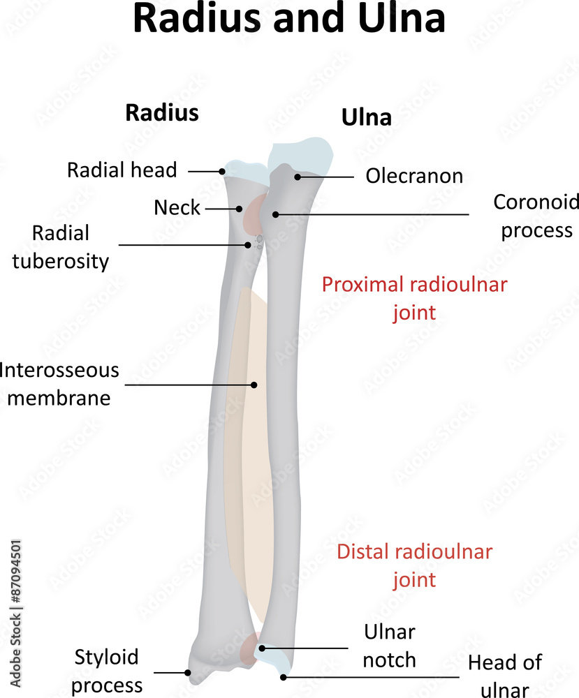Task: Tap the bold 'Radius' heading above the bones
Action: tap(161, 112)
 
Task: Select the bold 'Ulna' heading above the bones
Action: tap(366, 118)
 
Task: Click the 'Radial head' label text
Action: tap(122, 170)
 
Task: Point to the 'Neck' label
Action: tap(177, 207)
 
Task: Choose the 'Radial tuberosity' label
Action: tap(70, 246)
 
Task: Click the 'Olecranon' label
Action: tap(414, 176)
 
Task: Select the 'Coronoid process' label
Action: tap(536, 216)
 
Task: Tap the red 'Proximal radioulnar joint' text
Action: tap(414, 297)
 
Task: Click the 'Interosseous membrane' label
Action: tap(59, 383)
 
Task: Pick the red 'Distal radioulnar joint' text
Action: tap(414, 565)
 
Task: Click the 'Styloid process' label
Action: tap(107, 671)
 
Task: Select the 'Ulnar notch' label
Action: tap(389, 646)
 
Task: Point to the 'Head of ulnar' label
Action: tap(504, 676)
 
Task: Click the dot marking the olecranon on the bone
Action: tap(298, 177)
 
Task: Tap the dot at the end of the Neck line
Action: tap(239, 208)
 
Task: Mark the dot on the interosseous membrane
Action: tap(254, 384)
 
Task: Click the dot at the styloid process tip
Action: tap(188, 673)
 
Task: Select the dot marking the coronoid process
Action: tap(276, 214)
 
